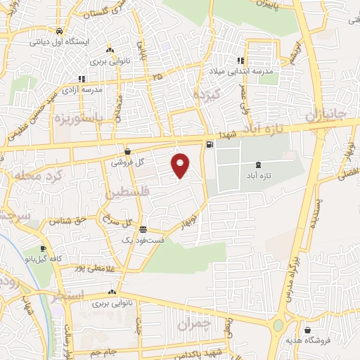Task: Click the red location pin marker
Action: (x=181, y=165)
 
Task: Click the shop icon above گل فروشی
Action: (x=127, y=151)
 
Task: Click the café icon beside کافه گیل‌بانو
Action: (x=44, y=249)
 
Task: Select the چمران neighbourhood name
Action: (x=193, y=325)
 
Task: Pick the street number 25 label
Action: (x=157, y=76)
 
